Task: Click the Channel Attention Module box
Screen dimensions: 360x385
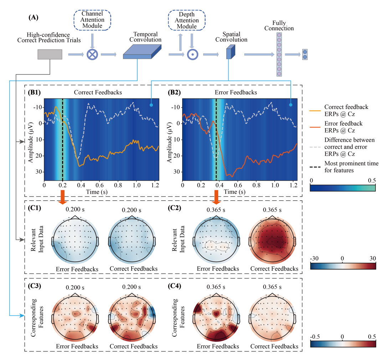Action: [92, 20]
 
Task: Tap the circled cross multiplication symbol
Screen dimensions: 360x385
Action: [92, 54]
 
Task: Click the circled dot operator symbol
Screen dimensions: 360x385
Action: [192, 54]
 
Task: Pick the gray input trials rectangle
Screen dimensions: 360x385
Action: [50, 54]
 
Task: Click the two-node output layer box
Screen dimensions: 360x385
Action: [305, 54]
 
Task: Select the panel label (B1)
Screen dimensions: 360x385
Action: [35, 92]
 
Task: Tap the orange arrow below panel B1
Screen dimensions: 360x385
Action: [62, 197]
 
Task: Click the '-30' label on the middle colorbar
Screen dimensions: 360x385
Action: [314, 258]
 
